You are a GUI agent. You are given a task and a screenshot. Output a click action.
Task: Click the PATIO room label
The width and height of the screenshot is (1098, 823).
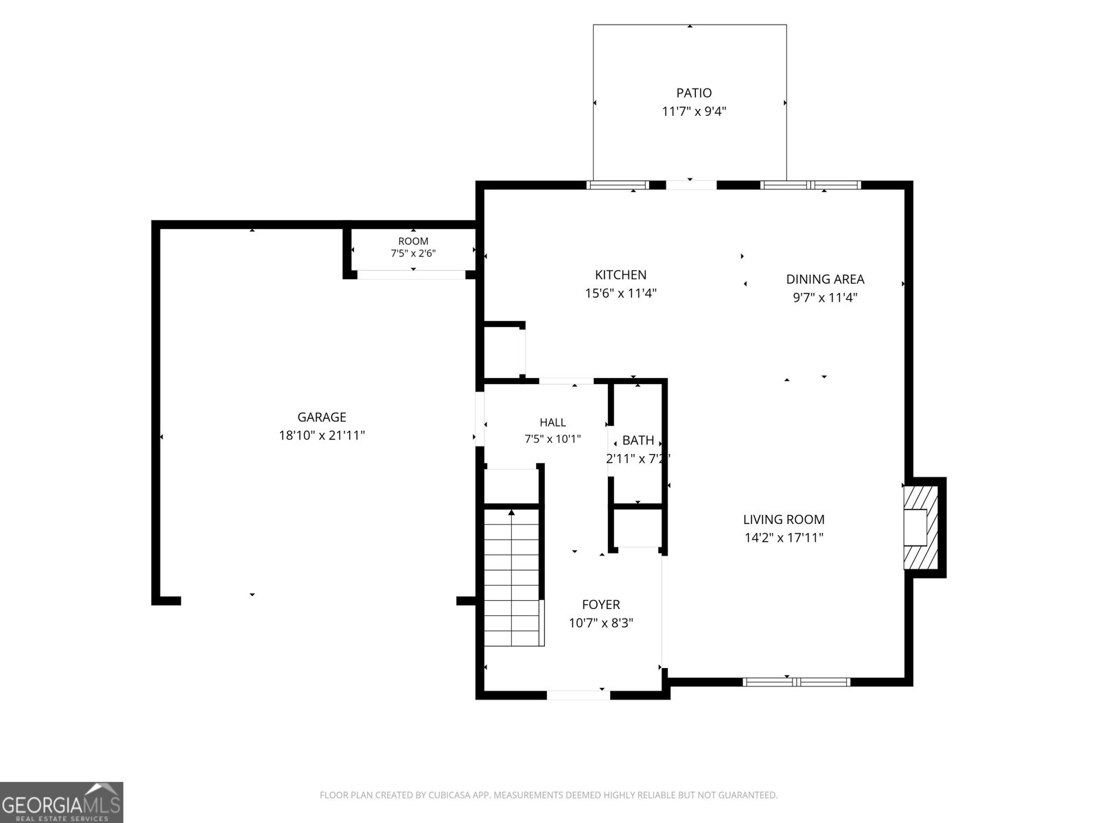click(x=694, y=93)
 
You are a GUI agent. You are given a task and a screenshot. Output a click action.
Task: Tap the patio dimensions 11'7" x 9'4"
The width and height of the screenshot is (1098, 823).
click(x=694, y=111)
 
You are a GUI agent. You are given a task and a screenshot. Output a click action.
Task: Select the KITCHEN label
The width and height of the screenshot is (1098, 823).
click(x=620, y=275)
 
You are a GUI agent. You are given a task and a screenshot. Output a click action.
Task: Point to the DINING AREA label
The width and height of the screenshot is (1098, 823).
click(x=825, y=279)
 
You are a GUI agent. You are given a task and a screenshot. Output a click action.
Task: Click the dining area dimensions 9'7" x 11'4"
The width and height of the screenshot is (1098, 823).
click(x=825, y=298)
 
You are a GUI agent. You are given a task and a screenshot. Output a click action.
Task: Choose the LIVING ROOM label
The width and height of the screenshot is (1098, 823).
click(x=784, y=520)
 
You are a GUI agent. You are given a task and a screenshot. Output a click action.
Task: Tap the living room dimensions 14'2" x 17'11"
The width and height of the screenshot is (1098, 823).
click(x=784, y=538)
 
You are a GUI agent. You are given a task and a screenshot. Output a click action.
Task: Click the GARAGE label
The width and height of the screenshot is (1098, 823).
click(x=322, y=417)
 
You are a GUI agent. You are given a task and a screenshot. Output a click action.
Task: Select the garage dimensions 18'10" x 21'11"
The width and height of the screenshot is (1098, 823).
click(x=322, y=436)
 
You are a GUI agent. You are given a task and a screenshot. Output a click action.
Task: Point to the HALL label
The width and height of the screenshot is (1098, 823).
click(x=552, y=422)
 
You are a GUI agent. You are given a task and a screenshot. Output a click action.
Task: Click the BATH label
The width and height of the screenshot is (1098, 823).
click(x=638, y=440)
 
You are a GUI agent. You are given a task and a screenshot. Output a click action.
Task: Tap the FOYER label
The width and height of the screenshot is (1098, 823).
click(x=600, y=605)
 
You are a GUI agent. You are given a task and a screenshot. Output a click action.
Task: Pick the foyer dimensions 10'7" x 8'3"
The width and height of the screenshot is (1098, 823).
click(x=600, y=623)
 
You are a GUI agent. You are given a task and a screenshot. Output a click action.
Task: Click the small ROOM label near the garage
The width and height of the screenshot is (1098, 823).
click(x=413, y=241)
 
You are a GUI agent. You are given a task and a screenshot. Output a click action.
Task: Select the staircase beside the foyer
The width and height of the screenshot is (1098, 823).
click(x=512, y=577)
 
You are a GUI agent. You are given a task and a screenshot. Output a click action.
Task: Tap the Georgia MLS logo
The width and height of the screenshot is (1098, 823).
click(x=62, y=802)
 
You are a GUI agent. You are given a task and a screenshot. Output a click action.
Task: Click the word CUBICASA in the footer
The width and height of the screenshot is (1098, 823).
click(x=449, y=795)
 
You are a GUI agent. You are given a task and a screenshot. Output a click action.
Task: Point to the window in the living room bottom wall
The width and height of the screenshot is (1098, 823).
click(x=796, y=682)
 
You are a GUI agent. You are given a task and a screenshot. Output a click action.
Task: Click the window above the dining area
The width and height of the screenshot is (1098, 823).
click(x=810, y=185)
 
